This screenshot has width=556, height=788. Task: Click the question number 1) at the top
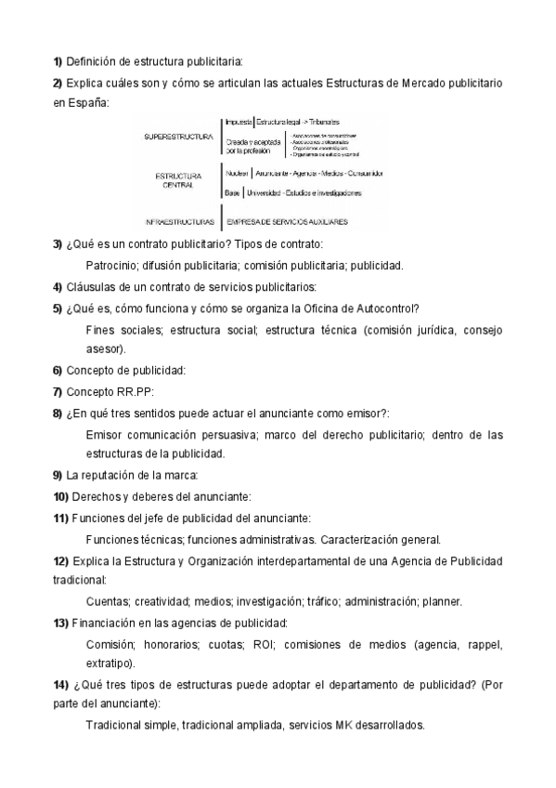pos(57,62)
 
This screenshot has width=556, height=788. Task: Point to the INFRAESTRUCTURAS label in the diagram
pos(180,222)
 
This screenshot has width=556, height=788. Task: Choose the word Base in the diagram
pos(232,193)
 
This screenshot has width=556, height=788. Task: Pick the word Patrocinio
pos(111,266)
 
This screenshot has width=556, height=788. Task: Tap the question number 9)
pos(57,475)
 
